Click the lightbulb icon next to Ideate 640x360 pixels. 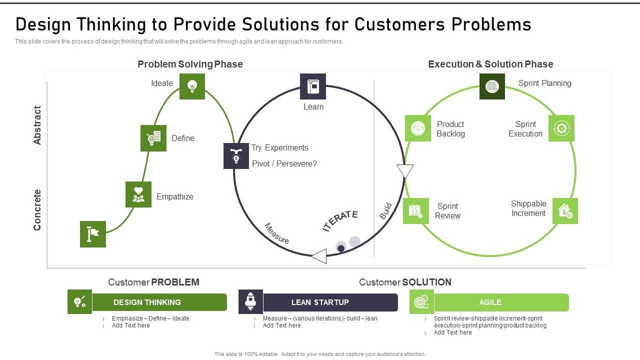coord(192,86)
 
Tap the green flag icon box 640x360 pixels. coord(93,234)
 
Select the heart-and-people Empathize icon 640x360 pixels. coord(138,194)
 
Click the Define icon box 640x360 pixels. coord(153,138)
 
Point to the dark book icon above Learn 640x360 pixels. coord(313,86)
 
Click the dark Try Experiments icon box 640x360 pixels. coord(236,155)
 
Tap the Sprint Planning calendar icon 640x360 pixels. coord(492,86)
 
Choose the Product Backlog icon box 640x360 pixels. coord(417,128)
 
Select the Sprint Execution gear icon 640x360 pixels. coord(561,128)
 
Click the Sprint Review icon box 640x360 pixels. coord(415,211)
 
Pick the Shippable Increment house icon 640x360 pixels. coord(565,211)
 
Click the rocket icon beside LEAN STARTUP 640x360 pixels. coord(250,301)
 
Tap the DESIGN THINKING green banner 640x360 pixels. coord(159,302)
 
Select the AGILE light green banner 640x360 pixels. coord(501,302)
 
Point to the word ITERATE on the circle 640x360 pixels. coord(340,220)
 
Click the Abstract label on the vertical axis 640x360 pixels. coord(37,125)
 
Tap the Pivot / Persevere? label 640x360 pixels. coord(284,163)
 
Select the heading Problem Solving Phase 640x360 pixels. coord(190,64)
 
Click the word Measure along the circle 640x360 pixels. coord(276,233)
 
